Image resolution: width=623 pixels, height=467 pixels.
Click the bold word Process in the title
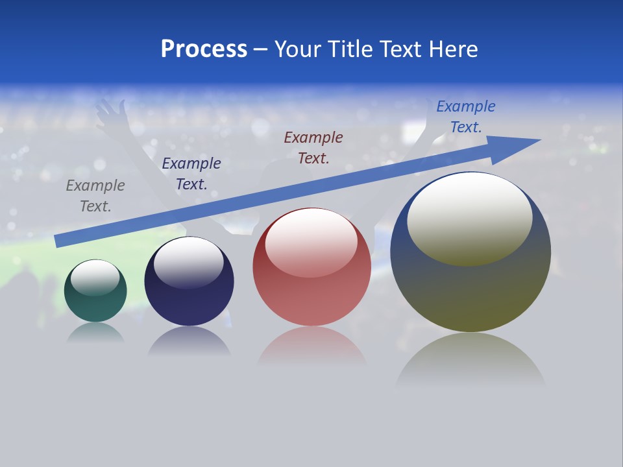pos(204,49)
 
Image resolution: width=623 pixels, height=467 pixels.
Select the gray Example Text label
pos(95,196)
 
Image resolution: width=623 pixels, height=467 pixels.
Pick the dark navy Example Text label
pos(191,174)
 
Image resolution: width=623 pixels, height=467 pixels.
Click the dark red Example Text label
pos(313,148)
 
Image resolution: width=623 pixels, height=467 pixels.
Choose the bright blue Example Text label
pos(466,117)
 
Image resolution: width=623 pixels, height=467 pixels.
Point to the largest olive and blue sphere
pos(470,285)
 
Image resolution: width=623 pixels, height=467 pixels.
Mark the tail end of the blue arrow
pos(60,241)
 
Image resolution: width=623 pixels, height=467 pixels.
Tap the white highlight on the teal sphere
pos(95,278)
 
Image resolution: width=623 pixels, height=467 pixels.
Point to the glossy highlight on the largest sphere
pos(469,218)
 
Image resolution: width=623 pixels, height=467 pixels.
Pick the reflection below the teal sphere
pos(95,332)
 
